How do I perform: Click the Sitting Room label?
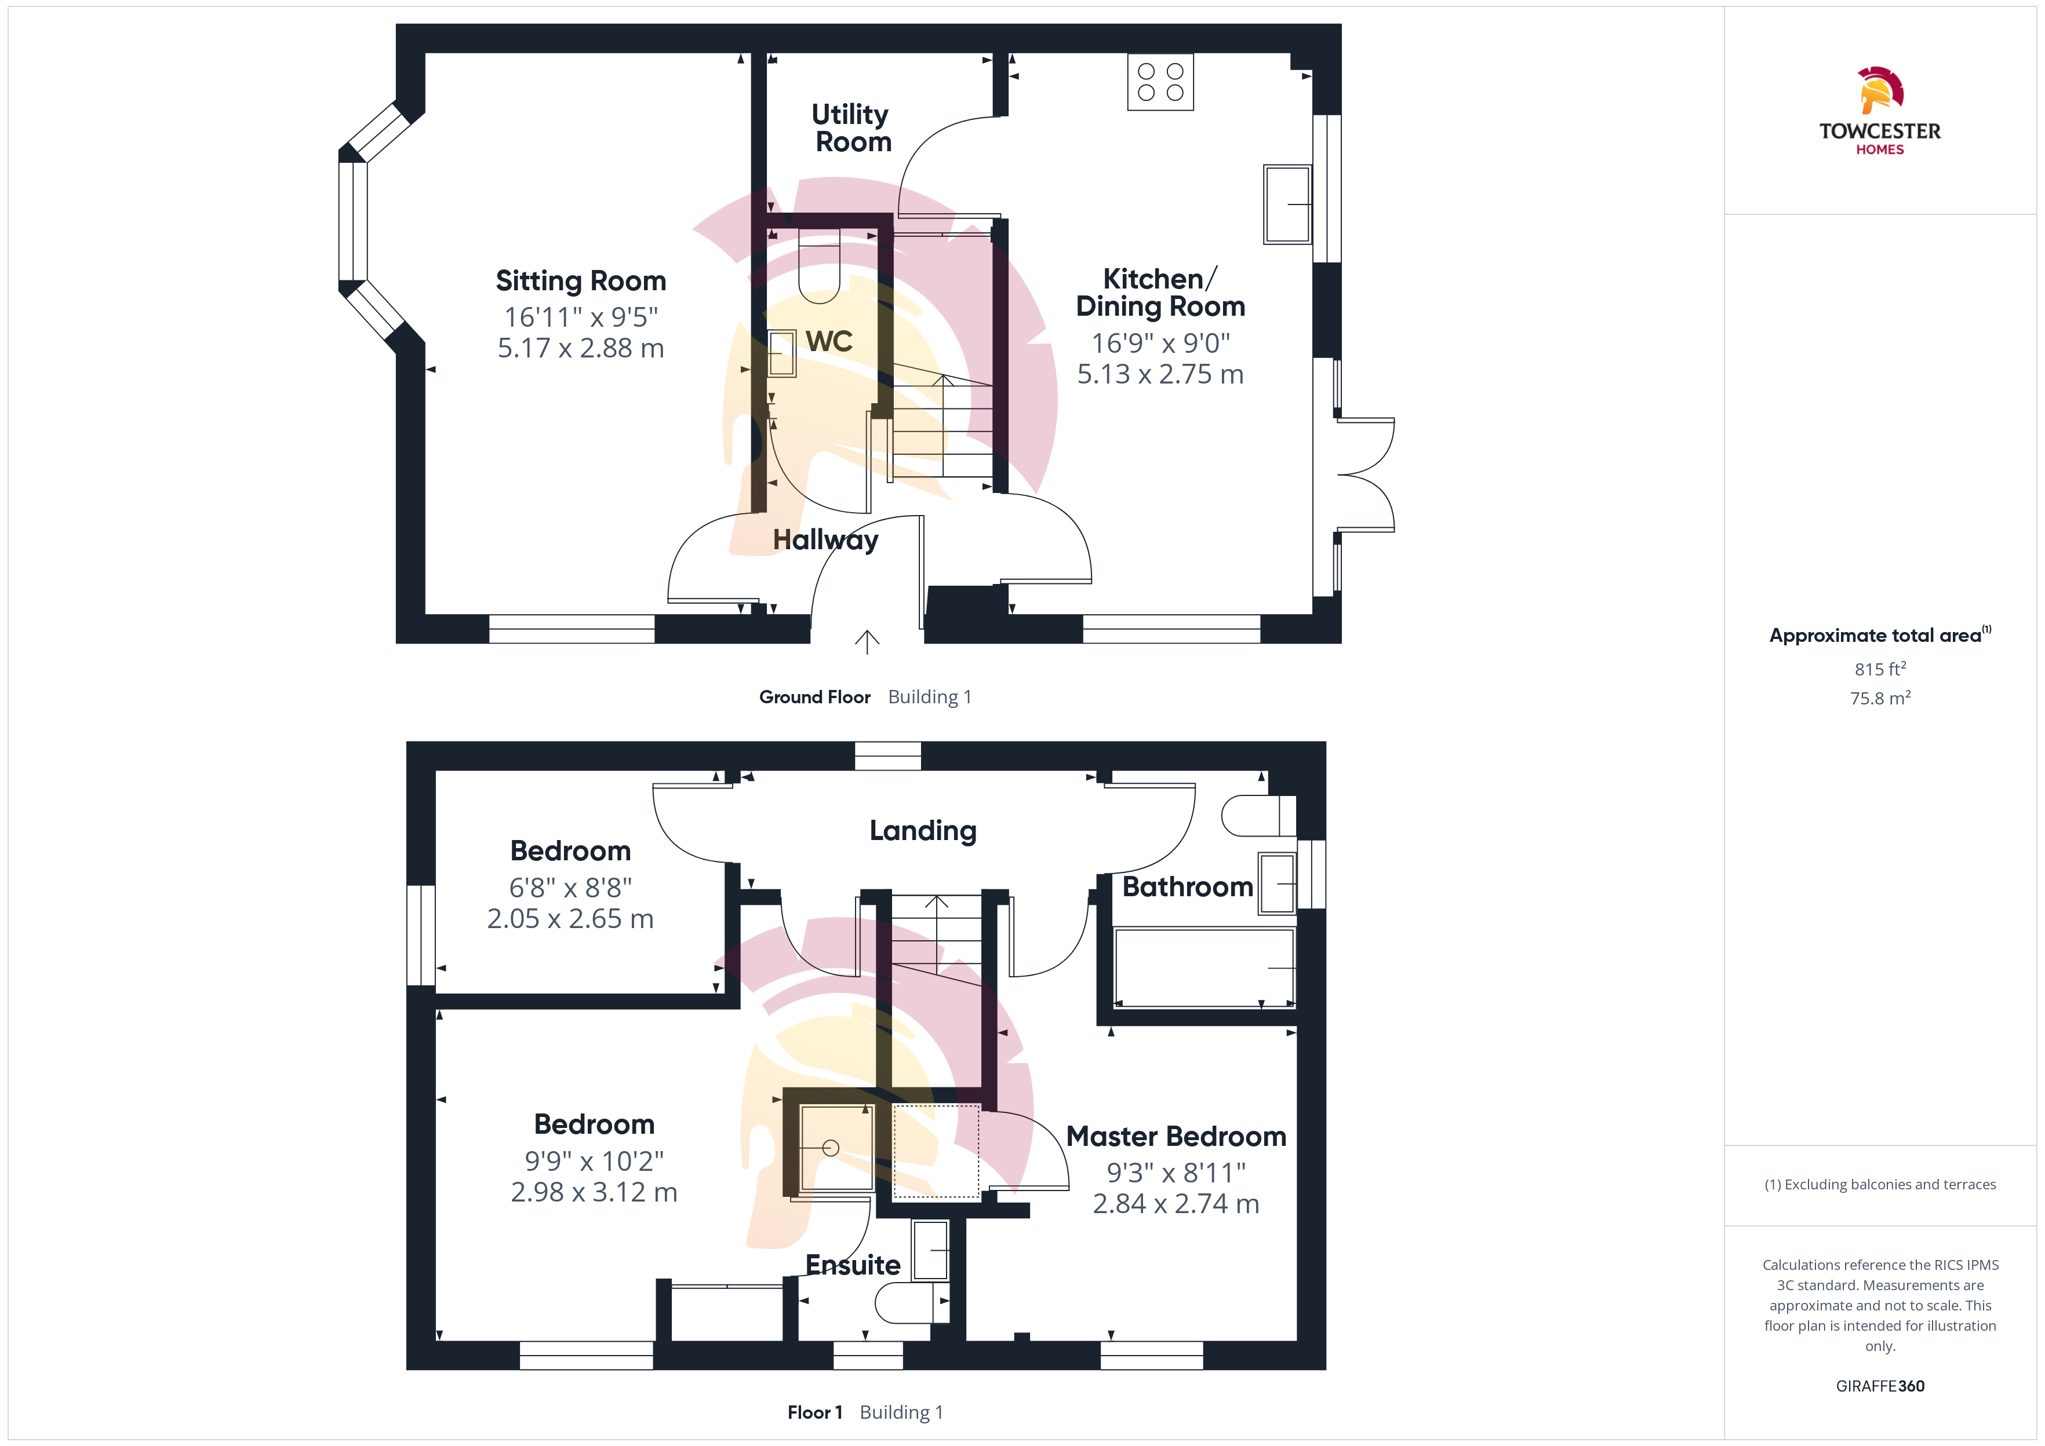[x=581, y=282]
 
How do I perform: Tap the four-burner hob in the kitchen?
[x=1160, y=82]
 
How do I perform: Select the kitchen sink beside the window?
[x=1287, y=204]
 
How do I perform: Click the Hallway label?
[x=825, y=539]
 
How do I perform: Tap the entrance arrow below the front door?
[x=867, y=642]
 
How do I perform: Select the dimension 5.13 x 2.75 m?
[x=1160, y=374]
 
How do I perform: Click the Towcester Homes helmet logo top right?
[x=1880, y=90]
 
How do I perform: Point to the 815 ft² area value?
[x=1880, y=669]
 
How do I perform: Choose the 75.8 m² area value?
[x=1880, y=698]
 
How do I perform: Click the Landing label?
[x=923, y=831]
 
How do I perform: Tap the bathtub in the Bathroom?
[x=1204, y=968]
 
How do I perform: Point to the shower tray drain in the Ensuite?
[x=830, y=1148]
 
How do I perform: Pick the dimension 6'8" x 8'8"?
[x=570, y=888]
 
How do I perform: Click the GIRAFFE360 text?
[x=1880, y=1386]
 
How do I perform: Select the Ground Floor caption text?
[x=814, y=697]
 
